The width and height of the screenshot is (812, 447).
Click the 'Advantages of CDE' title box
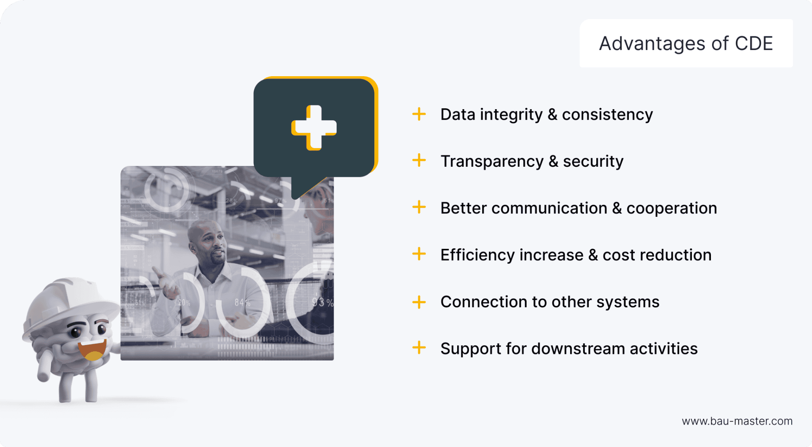point(686,43)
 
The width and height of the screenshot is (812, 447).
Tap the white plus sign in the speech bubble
point(314,127)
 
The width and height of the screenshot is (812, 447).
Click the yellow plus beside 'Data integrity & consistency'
point(419,114)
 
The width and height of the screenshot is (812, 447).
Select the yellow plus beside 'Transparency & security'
point(419,160)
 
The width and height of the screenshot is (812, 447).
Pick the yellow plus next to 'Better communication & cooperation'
point(419,207)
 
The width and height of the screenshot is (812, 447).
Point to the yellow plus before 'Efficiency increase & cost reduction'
point(419,254)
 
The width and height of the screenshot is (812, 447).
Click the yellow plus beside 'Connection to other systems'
point(419,302)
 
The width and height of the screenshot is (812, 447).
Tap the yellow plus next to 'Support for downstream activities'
point(419,348)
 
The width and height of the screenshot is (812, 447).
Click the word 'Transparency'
point(492,161)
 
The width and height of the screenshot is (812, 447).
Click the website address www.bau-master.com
point(737,421)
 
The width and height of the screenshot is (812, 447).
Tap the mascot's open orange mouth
point(92,350)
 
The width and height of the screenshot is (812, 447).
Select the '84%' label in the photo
point(242,303)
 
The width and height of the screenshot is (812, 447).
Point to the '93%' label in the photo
point(322,302)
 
